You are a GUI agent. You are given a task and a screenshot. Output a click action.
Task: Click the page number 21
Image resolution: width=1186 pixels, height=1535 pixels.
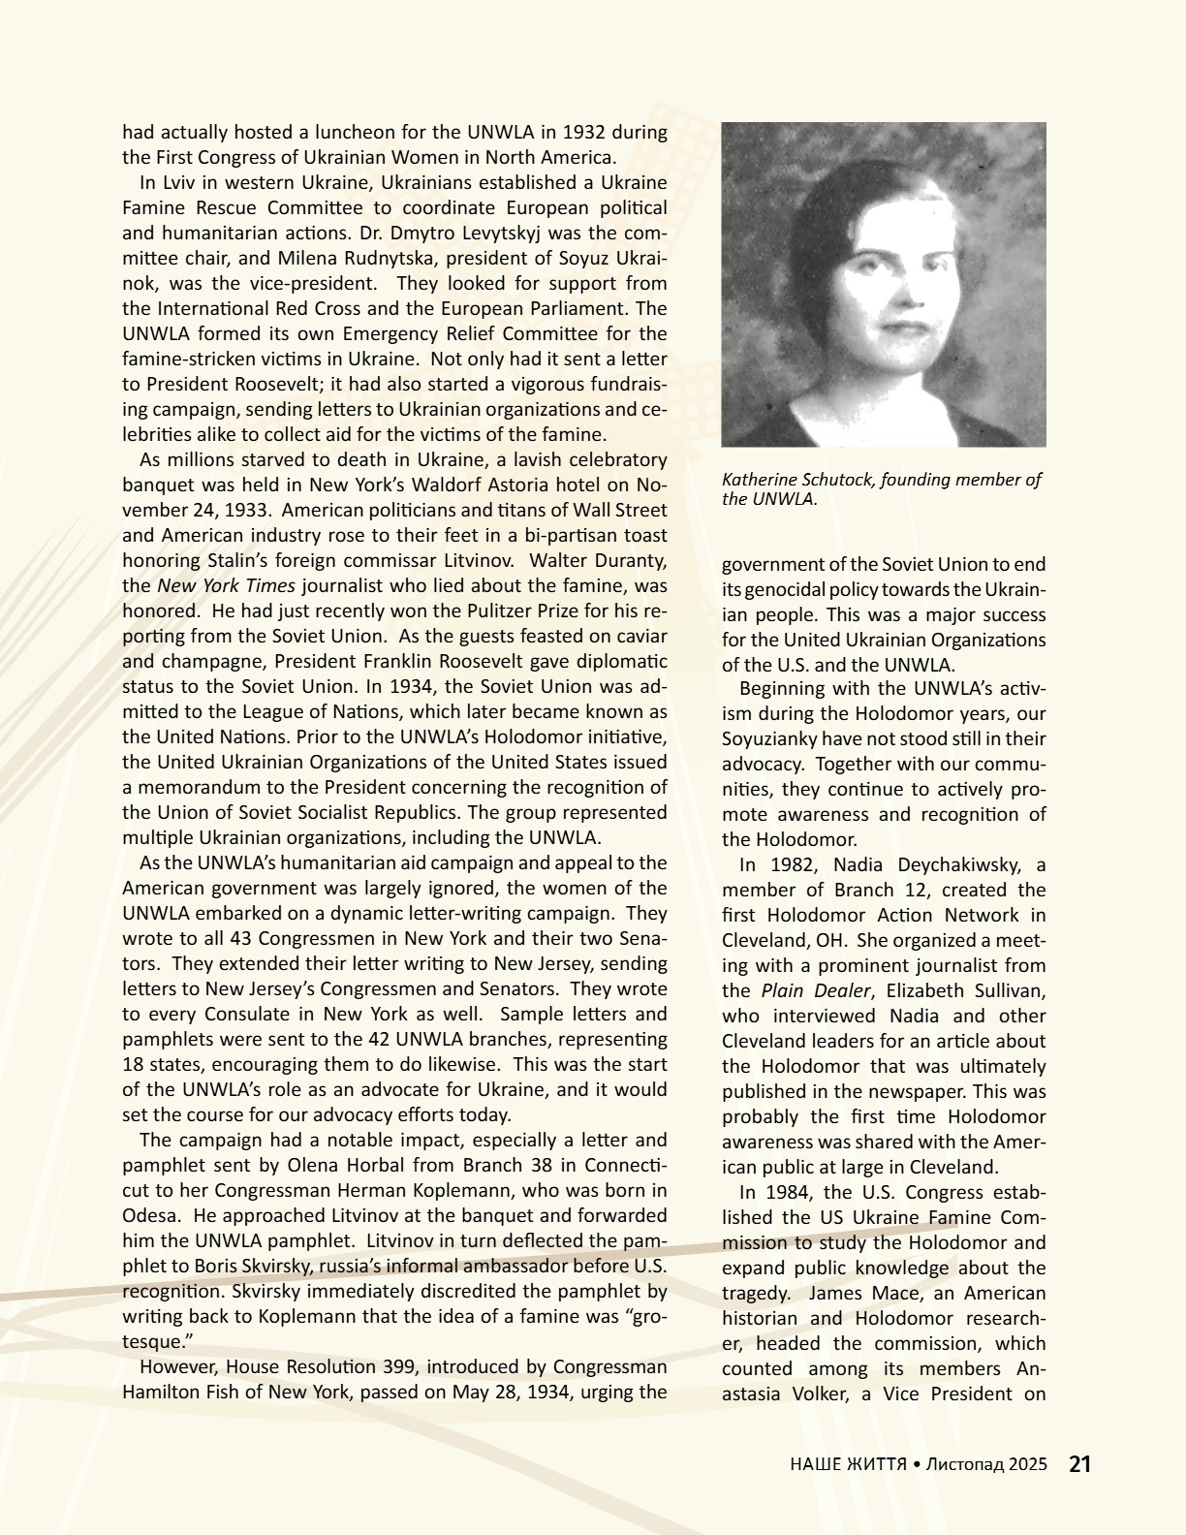(x=1079, y=1464)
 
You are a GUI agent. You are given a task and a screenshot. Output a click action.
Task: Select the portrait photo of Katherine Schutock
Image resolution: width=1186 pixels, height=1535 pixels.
(x=884, y=284)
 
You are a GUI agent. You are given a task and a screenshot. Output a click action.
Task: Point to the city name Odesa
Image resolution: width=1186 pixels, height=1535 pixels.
(x=148, y=1215)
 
